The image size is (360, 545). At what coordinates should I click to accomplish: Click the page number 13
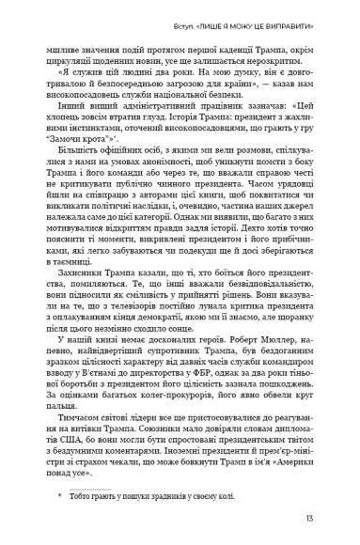coord(322,518)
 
